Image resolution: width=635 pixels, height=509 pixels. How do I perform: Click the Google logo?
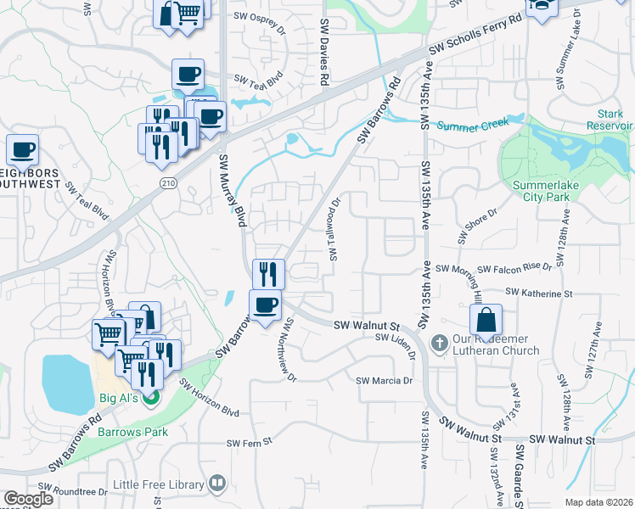point(28,499)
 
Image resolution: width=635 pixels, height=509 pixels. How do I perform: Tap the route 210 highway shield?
point(167,182)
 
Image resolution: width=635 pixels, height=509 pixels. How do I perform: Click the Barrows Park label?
point(132,432)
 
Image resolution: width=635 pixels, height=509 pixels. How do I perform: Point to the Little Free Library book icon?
point(217,484)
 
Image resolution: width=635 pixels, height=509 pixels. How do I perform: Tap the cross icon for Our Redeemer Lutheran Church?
point(439,343)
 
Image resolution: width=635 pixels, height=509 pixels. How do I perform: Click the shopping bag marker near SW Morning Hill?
point(485,321)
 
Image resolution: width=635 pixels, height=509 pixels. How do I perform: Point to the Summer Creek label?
point(472,125)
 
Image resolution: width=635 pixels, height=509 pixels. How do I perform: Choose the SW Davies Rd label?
point(324,53)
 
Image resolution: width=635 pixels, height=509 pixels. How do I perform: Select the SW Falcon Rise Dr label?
point(514,268)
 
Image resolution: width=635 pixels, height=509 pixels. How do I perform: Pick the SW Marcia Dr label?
point(384,381)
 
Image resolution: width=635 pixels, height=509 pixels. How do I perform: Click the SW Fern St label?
point(248,442)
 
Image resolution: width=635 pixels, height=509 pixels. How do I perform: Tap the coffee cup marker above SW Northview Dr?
point(265,305)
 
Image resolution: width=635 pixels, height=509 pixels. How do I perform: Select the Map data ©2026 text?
point(599,502)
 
